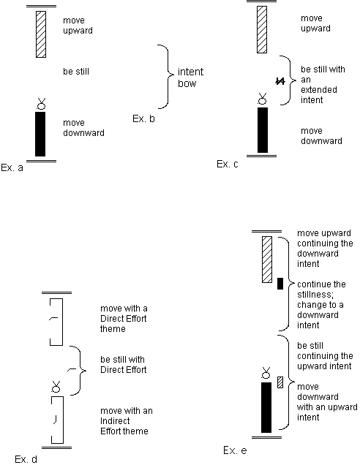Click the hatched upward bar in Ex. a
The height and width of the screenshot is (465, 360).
[41, 34]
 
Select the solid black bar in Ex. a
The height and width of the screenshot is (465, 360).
[40, 134]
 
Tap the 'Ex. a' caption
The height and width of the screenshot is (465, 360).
[12, 167]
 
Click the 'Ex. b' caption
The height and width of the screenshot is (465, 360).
[143, 118]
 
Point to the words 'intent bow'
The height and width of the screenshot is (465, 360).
[190, 77]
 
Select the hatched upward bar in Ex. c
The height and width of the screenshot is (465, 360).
[262, 30]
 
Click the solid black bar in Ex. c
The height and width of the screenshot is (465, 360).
[263, 130]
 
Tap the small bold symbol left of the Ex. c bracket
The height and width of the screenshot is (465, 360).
[280, 81]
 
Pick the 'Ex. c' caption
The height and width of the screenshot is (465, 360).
[228, 164]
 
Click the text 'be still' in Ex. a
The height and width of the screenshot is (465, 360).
[76, 72]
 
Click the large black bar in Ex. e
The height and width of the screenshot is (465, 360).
[266, 407]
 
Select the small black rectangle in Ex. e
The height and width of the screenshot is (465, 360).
[280, 284]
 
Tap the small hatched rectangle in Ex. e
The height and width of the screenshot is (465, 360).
[280, 382]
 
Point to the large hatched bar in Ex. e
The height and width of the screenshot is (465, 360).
[267, 260]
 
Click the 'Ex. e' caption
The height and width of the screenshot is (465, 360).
[235, 450]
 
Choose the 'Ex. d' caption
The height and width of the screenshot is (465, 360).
[26, 459]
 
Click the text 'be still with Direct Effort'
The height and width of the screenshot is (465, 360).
[124, 364]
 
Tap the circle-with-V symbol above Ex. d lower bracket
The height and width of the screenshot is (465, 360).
[56, 387]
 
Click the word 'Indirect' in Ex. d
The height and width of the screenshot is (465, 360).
[115, 421]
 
